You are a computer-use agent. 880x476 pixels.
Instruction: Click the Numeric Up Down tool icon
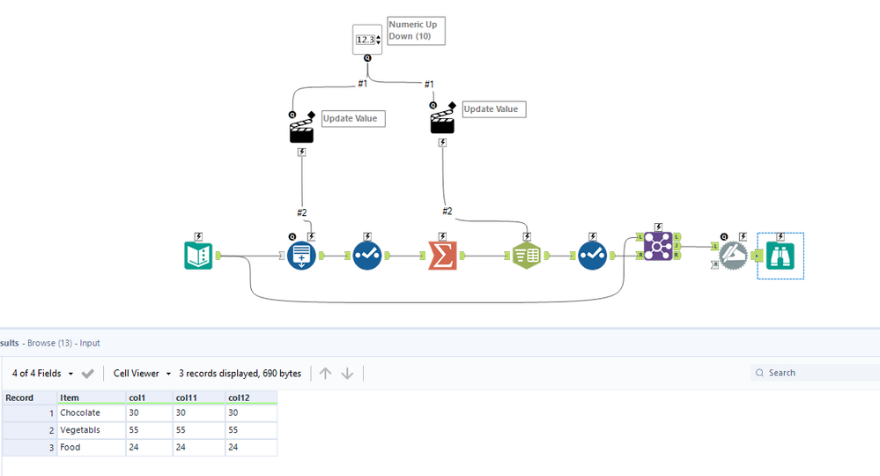click(x=367, y=40)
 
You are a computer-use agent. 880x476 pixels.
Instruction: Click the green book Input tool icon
click(x=198, y=256)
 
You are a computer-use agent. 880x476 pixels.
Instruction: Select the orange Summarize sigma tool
click(x=442, y=256)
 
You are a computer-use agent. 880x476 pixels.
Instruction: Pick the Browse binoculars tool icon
click(x=780, y=256)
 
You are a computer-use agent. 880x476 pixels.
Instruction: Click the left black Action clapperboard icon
click(x=302, y=130)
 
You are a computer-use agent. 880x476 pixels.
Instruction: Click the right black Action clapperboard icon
click(x=442, y=121)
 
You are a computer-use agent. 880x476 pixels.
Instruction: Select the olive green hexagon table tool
click(x=527, y=256)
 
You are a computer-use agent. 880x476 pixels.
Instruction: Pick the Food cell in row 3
click(x=70, y=447)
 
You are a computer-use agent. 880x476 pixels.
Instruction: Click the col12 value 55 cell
click(x=250, y=430)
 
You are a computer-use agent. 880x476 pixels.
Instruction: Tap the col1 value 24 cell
click(x=147, y=447)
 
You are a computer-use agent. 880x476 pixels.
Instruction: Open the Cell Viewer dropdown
click(x=142, y=374)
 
